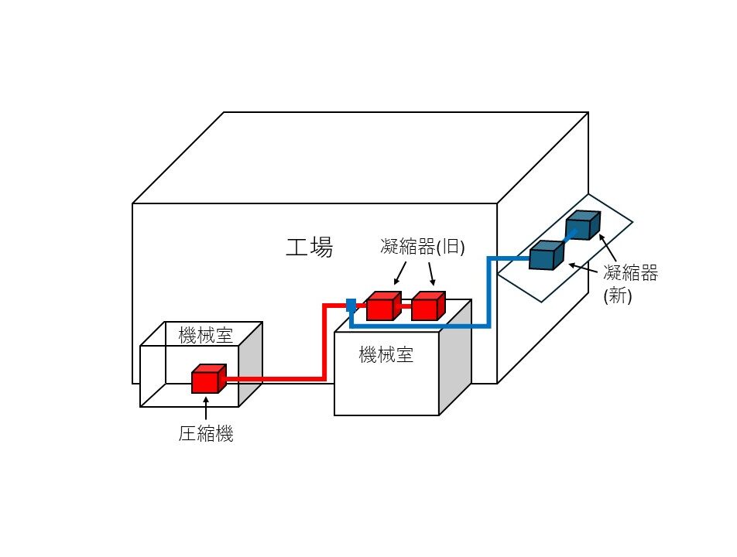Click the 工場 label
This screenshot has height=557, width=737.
tap(310, 248)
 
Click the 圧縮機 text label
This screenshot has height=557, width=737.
tap(206, 434)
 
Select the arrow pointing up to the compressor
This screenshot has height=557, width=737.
tap(206, 408)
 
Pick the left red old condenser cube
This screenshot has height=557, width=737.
tap(382, 306)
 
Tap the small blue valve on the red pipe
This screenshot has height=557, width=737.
tap(351, 305)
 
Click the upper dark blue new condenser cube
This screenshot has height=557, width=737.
tap(581, 226)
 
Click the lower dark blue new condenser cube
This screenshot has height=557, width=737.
tap(547, 255)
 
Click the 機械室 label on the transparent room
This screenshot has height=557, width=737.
tap(206, 336)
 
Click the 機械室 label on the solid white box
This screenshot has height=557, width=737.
tap(386, 355)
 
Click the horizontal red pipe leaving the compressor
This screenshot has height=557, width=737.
tap(271, 379)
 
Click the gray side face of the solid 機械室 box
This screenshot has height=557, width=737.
tap(455, 356)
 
